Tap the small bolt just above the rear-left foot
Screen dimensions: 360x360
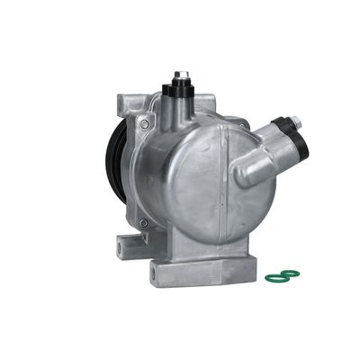[140, 223]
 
